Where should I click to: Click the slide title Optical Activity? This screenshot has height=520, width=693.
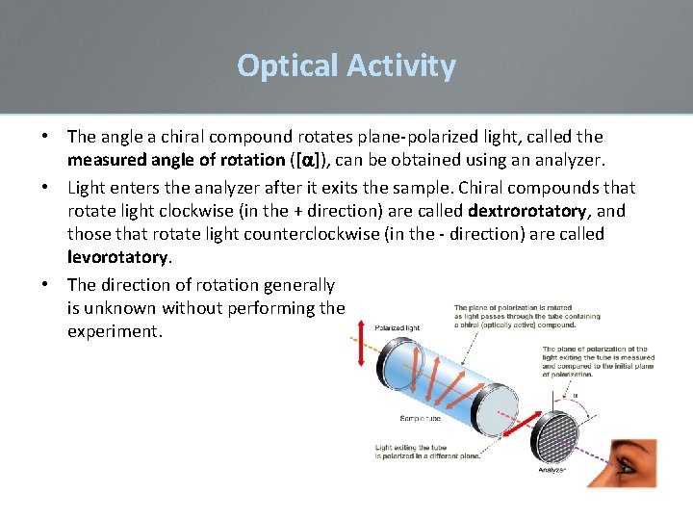346,65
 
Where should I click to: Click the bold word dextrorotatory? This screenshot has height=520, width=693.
526,210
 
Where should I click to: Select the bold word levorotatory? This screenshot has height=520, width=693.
117,257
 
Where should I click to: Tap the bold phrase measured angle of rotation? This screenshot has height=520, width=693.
176,161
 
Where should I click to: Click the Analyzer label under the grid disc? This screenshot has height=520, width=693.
551,470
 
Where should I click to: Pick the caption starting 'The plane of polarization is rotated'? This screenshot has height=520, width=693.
526,315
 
